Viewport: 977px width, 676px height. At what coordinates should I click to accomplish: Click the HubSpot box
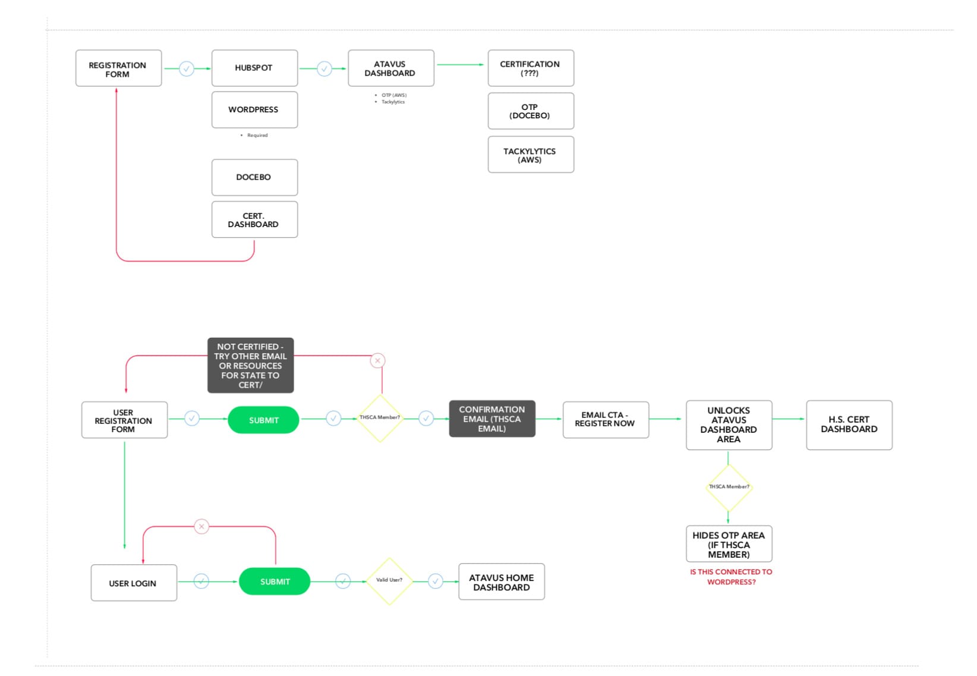coord(255,68)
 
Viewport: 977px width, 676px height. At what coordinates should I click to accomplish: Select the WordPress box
coord(255,109)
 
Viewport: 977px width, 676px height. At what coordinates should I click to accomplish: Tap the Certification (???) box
coord(531,68)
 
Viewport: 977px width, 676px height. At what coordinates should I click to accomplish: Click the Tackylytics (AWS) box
coord(531,155)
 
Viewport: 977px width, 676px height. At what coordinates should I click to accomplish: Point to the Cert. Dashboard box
coord(255,219)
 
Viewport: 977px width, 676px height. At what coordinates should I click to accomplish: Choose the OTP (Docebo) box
coord(531,111)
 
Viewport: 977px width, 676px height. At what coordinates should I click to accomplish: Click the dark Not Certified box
coord(251,365)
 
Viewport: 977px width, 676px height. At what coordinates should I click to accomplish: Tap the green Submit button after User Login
coord(275,581)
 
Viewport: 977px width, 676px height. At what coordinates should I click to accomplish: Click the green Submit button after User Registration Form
coord(263,420)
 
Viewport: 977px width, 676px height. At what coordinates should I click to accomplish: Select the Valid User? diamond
coord(389,581)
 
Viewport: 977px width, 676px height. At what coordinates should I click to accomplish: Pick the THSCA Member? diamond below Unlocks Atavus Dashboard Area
coord(729,487)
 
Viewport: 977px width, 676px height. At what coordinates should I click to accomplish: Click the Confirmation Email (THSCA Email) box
coord(493,419)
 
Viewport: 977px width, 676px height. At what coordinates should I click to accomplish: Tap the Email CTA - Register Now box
coord(606,420)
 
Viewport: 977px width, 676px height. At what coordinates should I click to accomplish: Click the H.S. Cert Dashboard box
coord(849,425)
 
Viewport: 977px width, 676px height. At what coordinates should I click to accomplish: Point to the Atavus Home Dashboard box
coord(502,581)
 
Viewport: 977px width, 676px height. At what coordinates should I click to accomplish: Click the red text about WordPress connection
coord(731,577)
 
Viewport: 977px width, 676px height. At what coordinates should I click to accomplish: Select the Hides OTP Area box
coord(729,544)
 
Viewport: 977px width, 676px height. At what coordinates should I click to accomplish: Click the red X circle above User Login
coord(201,526)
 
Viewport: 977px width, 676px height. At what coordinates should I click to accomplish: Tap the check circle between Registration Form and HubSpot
coord(187,68)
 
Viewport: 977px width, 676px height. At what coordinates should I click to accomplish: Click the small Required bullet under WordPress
coord(254,136)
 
